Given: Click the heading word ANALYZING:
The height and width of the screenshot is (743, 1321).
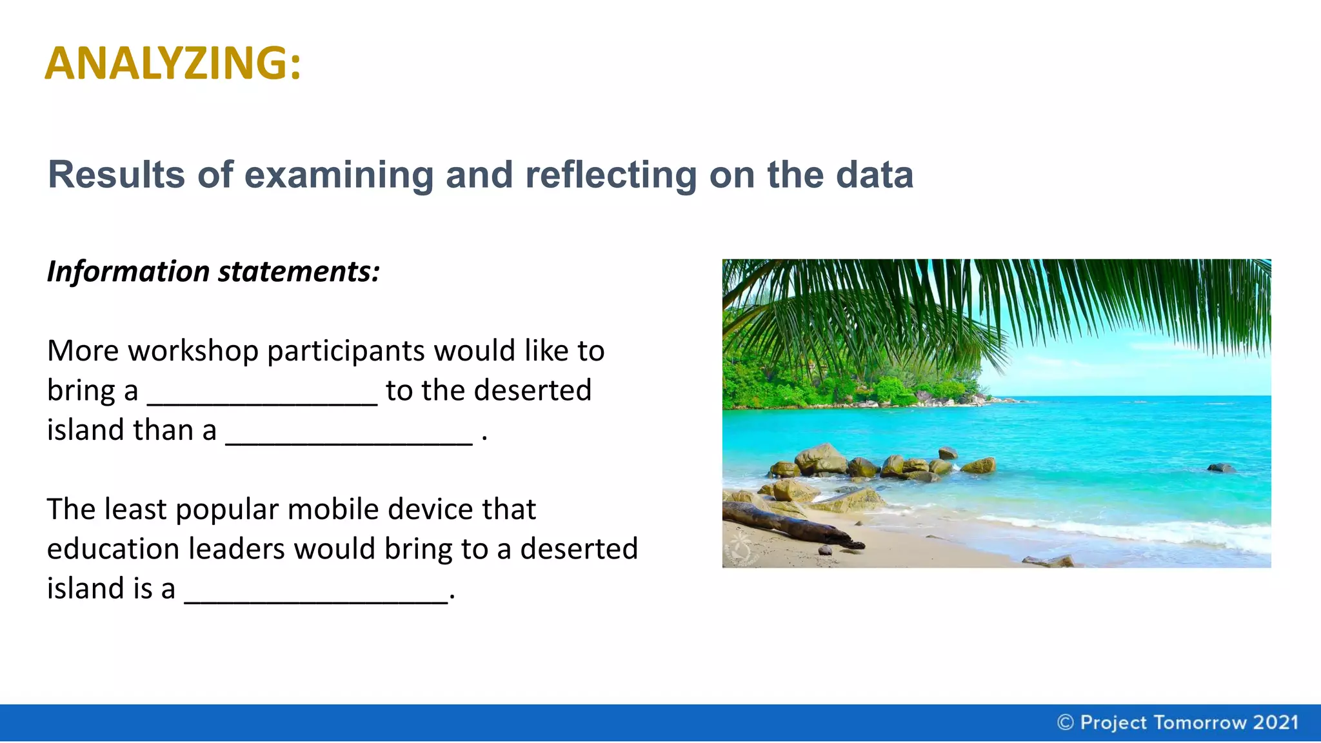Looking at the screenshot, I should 173,63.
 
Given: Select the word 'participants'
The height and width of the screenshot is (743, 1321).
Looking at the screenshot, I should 346,352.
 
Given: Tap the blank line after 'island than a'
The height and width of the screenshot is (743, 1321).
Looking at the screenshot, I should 349,439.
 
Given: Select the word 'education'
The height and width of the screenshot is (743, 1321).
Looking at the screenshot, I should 114,550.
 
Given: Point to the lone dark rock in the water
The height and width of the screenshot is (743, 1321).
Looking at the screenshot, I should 1220,468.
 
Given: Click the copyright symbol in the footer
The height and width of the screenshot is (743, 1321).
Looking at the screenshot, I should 1065,722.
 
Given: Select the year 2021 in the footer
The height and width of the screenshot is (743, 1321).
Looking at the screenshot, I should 1275,722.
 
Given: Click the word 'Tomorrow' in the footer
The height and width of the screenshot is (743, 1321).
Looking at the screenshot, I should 1199,722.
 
